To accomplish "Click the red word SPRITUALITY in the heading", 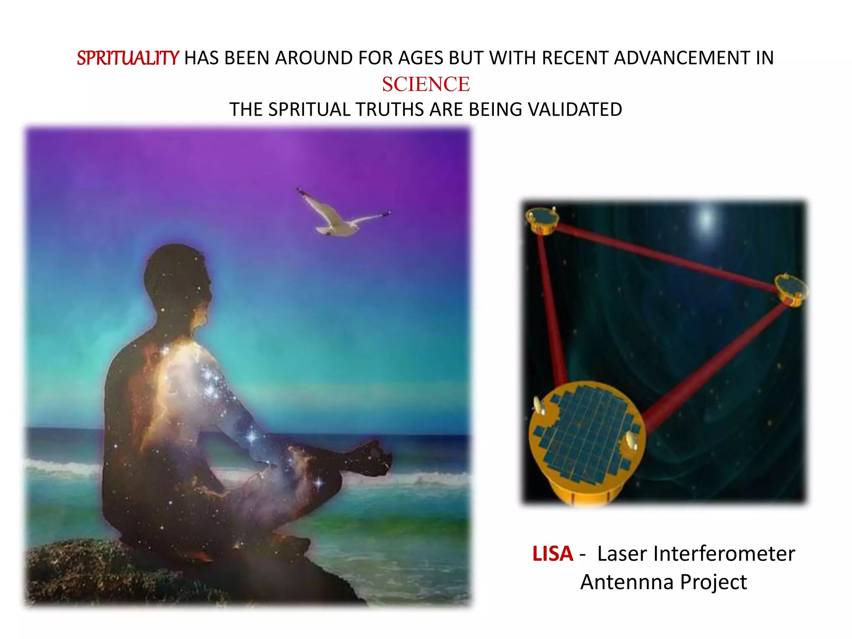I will click(x=128, y=58).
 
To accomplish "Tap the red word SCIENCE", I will click(x=426, y=84).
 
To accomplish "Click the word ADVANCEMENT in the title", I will click(x=682, y=58).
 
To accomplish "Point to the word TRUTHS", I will click(x=391, y=110).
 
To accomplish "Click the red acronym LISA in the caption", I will click(x=552, y=554).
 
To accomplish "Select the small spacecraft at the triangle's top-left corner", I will click(x=542, y=218).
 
